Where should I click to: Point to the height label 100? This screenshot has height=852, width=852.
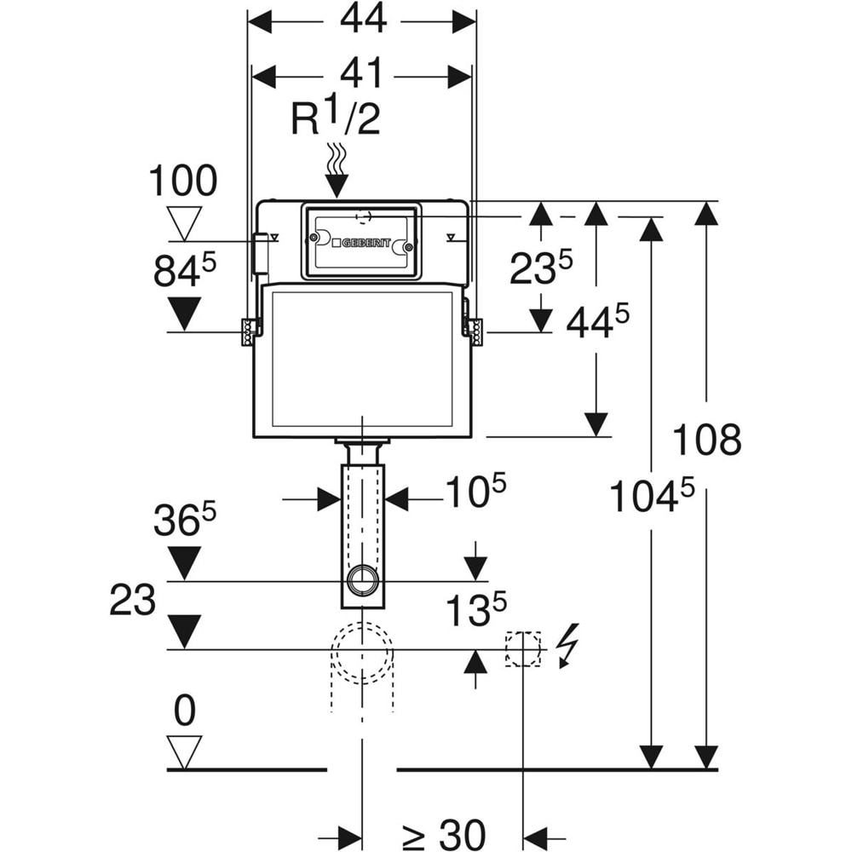[x=183, y=181]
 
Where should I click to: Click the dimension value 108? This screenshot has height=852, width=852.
[x=707, y=440]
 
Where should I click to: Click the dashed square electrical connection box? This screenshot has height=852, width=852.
[x=523, y=648]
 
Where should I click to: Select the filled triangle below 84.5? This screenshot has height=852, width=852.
[x=185, y=314]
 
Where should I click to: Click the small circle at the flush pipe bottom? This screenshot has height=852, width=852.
[x=363, y=580]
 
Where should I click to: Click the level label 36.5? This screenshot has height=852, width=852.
[x=185, y=521]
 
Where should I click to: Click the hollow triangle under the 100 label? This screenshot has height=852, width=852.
[x=185, y=222]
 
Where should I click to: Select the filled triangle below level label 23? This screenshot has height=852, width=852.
[x=185, y=631]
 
